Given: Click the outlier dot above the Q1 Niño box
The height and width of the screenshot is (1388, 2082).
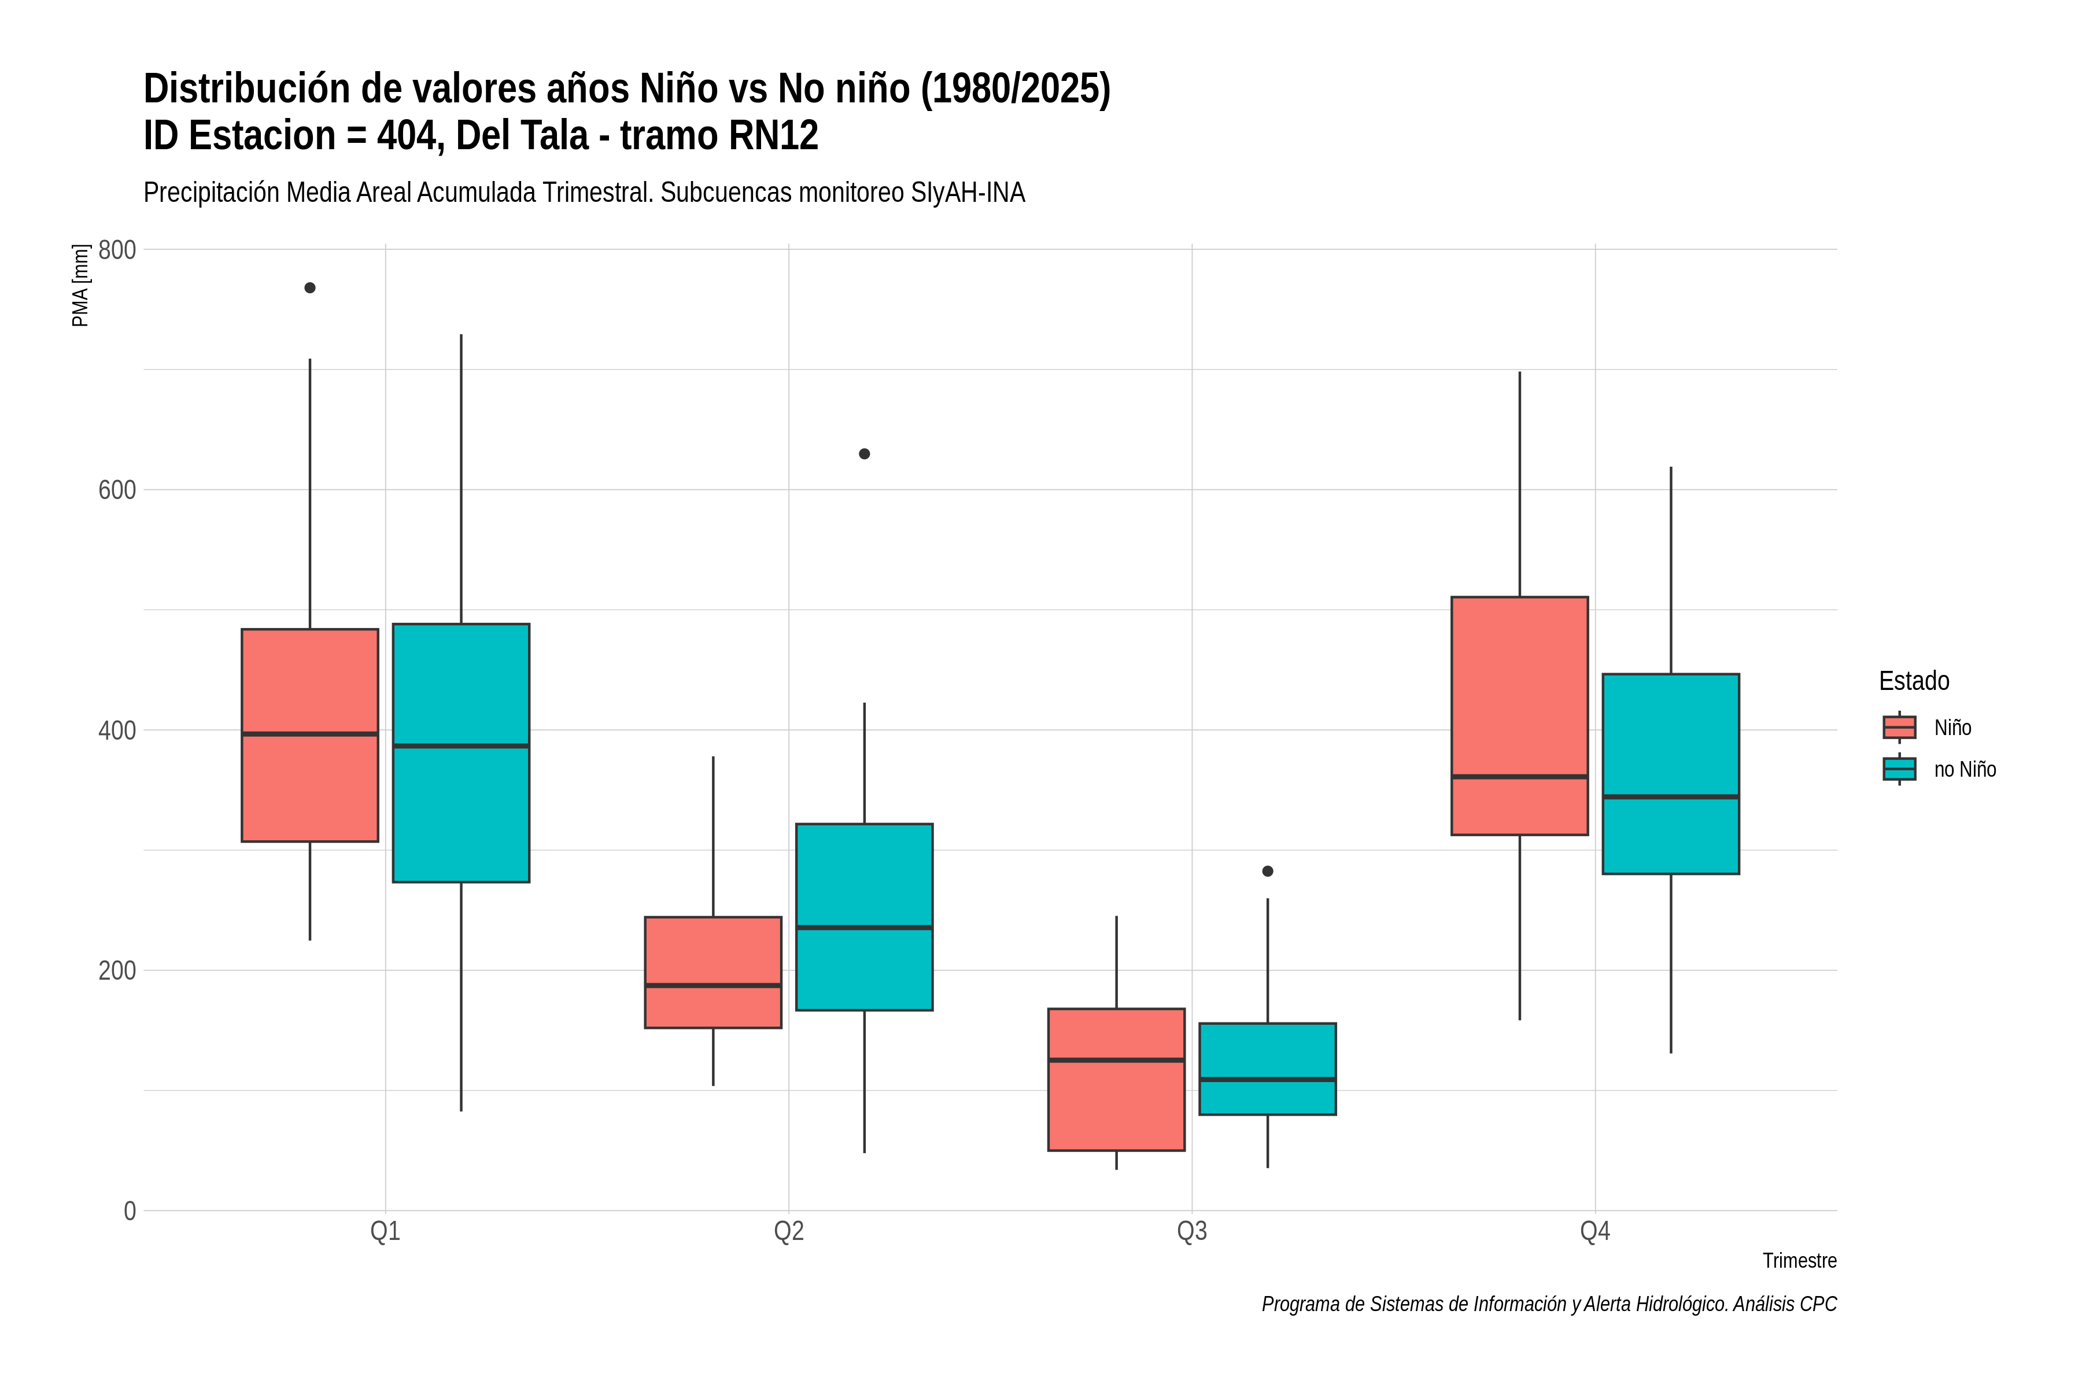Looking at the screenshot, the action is click(310, 287).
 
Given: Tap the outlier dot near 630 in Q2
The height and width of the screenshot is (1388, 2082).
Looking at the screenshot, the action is click(864, 454).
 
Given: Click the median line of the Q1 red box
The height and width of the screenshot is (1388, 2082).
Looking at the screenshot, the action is click(310, 734).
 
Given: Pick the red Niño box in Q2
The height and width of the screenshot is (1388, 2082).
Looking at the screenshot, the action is click(714, 972).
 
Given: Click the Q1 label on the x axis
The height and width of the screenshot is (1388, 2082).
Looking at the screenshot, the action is click(385, 1231).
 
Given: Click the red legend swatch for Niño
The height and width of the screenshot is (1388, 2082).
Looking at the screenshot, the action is click(1900, 727).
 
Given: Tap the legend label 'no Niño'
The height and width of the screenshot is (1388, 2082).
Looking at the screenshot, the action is click(1965, 769).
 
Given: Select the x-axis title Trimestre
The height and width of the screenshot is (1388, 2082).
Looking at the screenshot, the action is click(1800, 1261).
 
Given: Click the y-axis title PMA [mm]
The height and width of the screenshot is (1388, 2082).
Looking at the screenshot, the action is click(80, 286).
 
